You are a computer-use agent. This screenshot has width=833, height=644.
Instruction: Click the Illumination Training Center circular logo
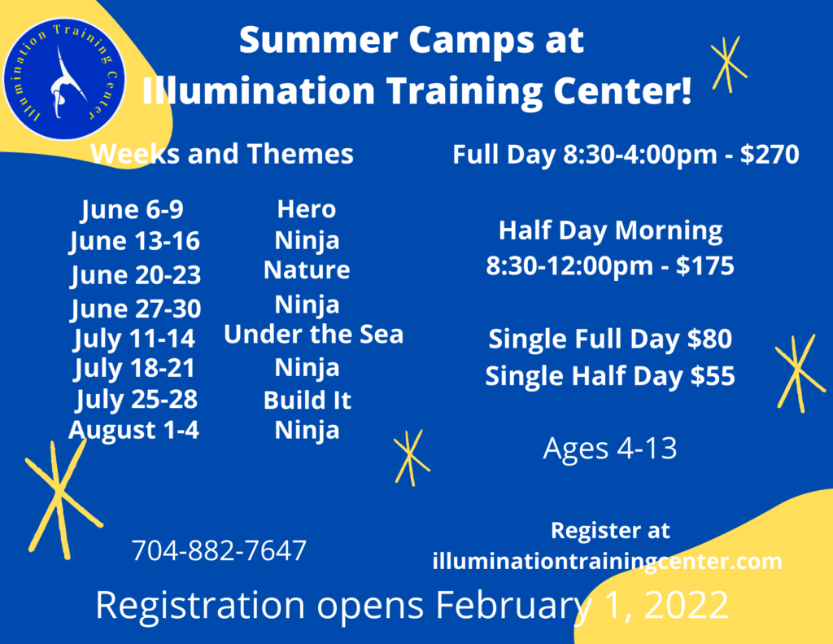click(64, 79)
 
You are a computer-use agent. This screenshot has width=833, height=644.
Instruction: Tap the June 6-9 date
click(133, 209)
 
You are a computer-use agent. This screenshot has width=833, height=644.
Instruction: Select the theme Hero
click(307, 209)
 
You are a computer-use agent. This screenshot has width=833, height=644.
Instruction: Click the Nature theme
click(307, 269)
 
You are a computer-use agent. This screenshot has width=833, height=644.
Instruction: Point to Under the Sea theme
click(313, 334)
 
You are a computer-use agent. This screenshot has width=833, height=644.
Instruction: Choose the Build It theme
click(307, 400)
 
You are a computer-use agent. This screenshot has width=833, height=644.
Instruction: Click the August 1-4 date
click(134, 430)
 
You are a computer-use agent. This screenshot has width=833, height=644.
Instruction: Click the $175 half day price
click(705, 265)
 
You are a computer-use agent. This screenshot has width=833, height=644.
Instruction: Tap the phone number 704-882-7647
click(219, 550)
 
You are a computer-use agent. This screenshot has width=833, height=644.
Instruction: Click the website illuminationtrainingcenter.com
click(607, 561)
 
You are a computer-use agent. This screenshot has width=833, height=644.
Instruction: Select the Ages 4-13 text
click(610, 449)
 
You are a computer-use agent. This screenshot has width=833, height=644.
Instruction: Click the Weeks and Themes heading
click(222, 154)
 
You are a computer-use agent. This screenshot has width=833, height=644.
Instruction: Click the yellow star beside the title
click(728, 64)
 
